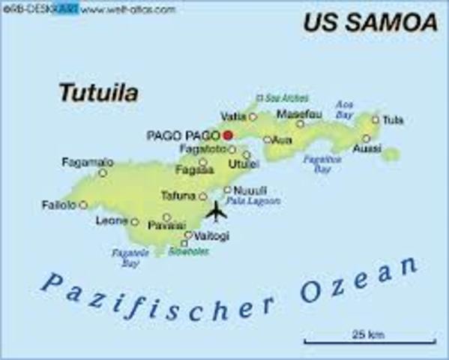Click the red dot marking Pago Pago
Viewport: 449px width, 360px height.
pos(228,135)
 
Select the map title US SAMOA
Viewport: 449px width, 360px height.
pos(370,22)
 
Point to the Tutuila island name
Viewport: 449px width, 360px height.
pos(98,94)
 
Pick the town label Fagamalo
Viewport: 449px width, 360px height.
pos(87,161)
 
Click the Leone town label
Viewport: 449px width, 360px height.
pos(111,221)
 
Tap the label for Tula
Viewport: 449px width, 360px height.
pos(393,119)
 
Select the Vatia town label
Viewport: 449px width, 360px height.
pos(234,116)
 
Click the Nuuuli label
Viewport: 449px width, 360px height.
pos(250,190)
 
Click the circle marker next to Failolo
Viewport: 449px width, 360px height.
pos(83,205)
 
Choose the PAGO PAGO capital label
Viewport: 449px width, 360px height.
pos(182,136)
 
